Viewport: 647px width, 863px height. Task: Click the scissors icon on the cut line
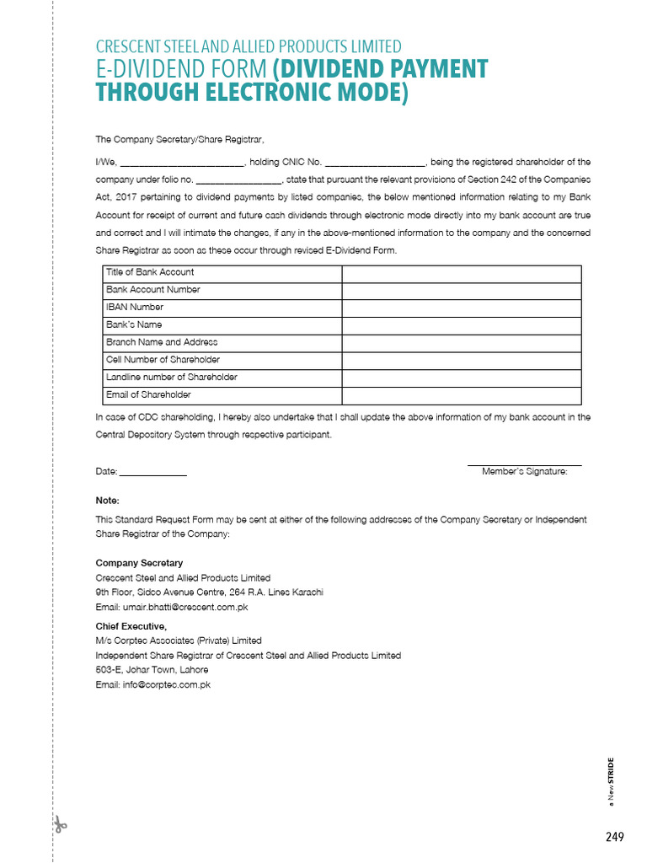tap(59, 824)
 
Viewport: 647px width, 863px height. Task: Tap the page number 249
tap(614, 836)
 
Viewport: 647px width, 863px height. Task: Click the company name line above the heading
tap(249, 47)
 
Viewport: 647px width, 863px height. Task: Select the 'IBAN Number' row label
tap(135, 308)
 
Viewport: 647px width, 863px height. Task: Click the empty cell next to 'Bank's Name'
tap(461, 325)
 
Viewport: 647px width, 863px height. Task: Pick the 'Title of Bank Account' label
tap(150, 272)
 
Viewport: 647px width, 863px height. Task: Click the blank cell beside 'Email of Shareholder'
tap(461, 395)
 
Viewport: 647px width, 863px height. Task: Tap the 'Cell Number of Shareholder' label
tap(163, 360)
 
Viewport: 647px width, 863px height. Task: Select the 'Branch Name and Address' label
tap(162, 342)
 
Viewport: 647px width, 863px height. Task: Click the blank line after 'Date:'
tap(153, 473)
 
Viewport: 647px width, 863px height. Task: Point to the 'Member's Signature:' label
tap(524, 472)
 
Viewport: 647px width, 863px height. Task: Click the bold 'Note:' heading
tap(108, 501)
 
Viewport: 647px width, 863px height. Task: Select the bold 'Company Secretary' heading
tap(139, 563)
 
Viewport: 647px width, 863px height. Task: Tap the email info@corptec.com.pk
tap(152, 685)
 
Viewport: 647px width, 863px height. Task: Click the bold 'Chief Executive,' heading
tap(131, 626)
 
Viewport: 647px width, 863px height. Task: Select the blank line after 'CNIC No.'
tap(375, 163)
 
